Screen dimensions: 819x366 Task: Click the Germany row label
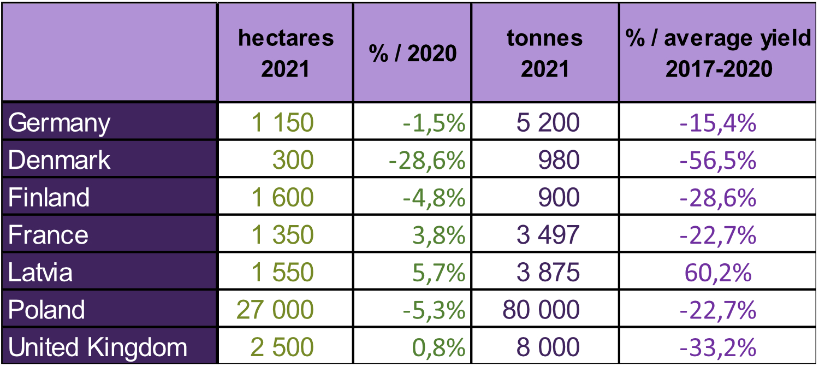(x=59, y=123)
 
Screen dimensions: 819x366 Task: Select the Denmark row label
(x=59, y=160)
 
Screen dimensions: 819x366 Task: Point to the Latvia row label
(x=40, y=273)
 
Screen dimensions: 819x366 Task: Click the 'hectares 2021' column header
(x=286, y=53)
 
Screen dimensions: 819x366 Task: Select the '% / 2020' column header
(x=413, y=54)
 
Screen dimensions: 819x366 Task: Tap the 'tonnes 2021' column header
(x=545, y=53)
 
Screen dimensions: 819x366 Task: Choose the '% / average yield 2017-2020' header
(x=719, y=53)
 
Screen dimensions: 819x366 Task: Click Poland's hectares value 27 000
(x=275, y=310)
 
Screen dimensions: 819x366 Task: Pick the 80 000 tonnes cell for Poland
(x=541, y=310)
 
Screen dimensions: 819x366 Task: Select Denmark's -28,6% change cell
(x=427, y=161)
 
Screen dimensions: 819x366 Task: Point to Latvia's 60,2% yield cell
(x=718, y=273)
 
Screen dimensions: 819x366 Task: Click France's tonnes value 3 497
(x=548, y=235)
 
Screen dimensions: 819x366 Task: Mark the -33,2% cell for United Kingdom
(x=718, y=347)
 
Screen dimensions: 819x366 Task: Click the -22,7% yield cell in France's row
(x=718, y=235)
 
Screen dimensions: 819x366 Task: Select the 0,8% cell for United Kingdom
(x=439, y=347)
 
